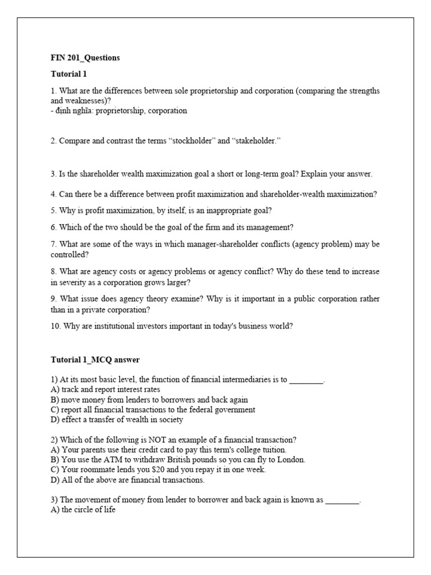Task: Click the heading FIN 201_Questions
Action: pyautogui.click(x=85, y=58)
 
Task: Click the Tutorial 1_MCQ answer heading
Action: pyautogui.click(x=99, y=359)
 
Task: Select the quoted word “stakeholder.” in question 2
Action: pyautogui.click(x=256, y=141)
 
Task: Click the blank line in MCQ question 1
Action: pyautogui.click(x=306, y=380)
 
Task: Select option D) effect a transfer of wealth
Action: pyautogui.click(x=117, y=419)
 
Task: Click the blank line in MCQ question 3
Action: pyautogui.click(x=342, y=500)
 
